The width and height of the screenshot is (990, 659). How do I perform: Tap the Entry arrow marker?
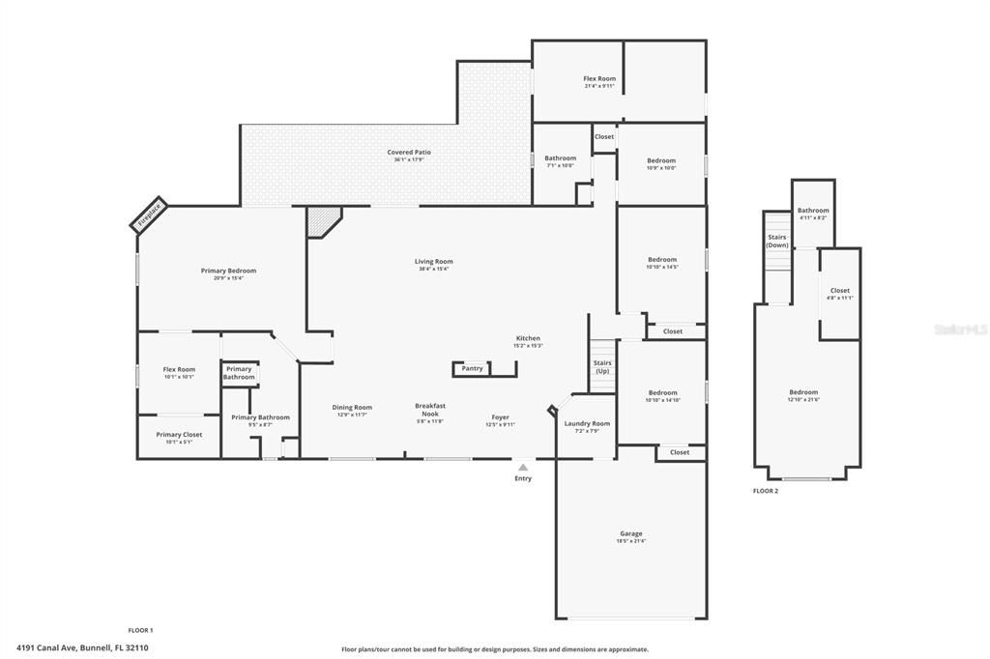click(522, 468)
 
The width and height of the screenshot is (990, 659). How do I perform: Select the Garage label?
click(630, 533)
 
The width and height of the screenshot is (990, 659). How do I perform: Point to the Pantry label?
click(472, 368)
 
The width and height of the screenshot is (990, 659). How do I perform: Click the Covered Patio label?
click(409, 153)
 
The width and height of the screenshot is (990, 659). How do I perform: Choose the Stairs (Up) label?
click(602, 367)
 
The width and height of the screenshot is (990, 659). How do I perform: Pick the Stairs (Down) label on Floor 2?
click(777, 241)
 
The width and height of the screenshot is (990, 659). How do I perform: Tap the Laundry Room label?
click(587, 423)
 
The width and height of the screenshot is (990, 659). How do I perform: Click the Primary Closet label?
click(179, 435)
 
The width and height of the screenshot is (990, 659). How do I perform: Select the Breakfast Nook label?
click(430, 410)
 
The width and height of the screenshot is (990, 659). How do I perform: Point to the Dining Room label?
click(352, 407)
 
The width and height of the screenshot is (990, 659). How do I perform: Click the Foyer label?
click(501, 416)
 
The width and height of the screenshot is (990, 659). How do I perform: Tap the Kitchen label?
click(528, 338)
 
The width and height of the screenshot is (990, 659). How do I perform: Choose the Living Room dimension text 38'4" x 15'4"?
click(434, 269)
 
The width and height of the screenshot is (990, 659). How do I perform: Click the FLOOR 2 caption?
click(766, 491)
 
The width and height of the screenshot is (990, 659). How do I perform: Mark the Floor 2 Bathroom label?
click(812, 211)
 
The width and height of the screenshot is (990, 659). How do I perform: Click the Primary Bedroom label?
click(228, 271)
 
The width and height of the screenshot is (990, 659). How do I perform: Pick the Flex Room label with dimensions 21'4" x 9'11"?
click(599, 78)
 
